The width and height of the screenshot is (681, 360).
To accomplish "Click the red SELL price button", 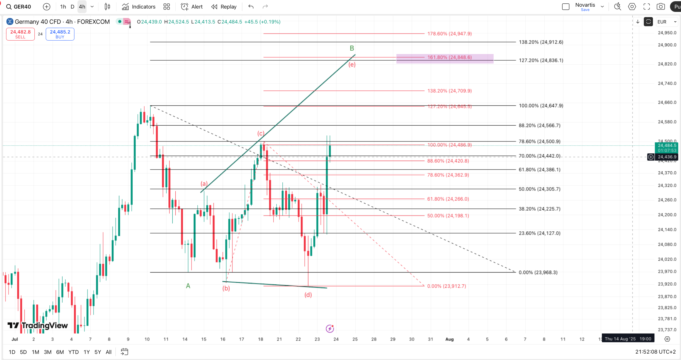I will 20,34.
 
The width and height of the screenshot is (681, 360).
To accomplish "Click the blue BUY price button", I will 60,34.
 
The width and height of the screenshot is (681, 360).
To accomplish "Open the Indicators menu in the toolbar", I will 139,7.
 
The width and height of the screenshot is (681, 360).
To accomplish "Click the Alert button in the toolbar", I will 192,7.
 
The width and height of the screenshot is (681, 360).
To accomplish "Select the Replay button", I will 224,7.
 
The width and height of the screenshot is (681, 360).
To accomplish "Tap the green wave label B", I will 352,48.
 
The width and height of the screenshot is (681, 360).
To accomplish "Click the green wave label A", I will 188,286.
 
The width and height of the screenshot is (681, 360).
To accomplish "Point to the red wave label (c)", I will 261,133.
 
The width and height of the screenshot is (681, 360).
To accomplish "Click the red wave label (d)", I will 308,295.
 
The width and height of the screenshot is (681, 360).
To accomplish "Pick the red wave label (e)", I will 352,65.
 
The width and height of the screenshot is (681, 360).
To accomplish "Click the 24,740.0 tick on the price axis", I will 667,83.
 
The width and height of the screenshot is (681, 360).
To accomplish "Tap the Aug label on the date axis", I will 450,339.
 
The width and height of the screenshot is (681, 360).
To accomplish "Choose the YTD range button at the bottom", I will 73,352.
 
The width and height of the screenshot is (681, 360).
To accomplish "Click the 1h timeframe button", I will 63,7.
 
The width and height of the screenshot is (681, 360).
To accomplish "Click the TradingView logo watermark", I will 38,326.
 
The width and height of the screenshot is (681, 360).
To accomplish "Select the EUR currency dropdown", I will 667,22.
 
